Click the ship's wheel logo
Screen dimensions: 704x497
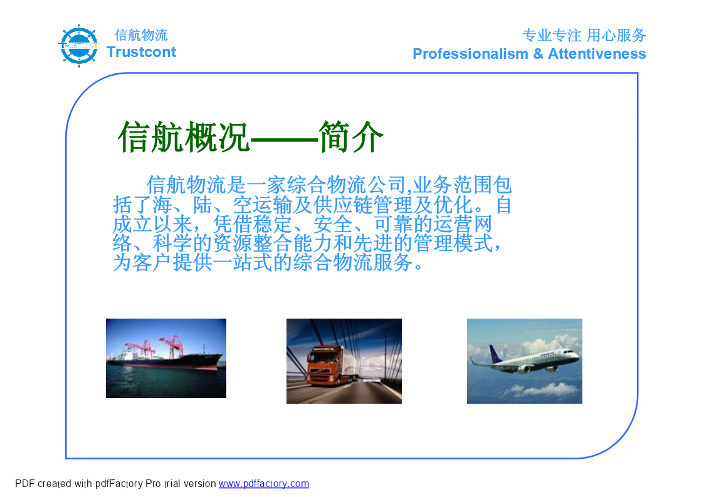tap(79, 46)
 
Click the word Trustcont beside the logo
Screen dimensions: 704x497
tap(142, 52)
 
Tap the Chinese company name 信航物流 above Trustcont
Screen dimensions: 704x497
tap(141, 35)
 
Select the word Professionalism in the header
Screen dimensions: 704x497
tap(470, 54)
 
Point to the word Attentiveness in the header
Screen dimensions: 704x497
tap(597, 54)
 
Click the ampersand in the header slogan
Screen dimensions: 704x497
tap(538, 54)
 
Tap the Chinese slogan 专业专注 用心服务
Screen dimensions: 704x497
tap(584, 35)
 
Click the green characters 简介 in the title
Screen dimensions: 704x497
tap(350, 136)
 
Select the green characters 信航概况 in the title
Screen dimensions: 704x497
tap(184, 136)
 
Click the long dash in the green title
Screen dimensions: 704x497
tap(284, 138)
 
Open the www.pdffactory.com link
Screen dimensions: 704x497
tap(263, 484)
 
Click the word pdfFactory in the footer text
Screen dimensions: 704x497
tap(118, 484)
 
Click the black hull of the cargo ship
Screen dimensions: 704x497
tap(179, 362)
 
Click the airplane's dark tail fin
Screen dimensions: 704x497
tap(495, 354)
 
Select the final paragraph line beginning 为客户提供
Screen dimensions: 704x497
tap(268, 263)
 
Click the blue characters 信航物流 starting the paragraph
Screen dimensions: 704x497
tap(186, 185)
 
